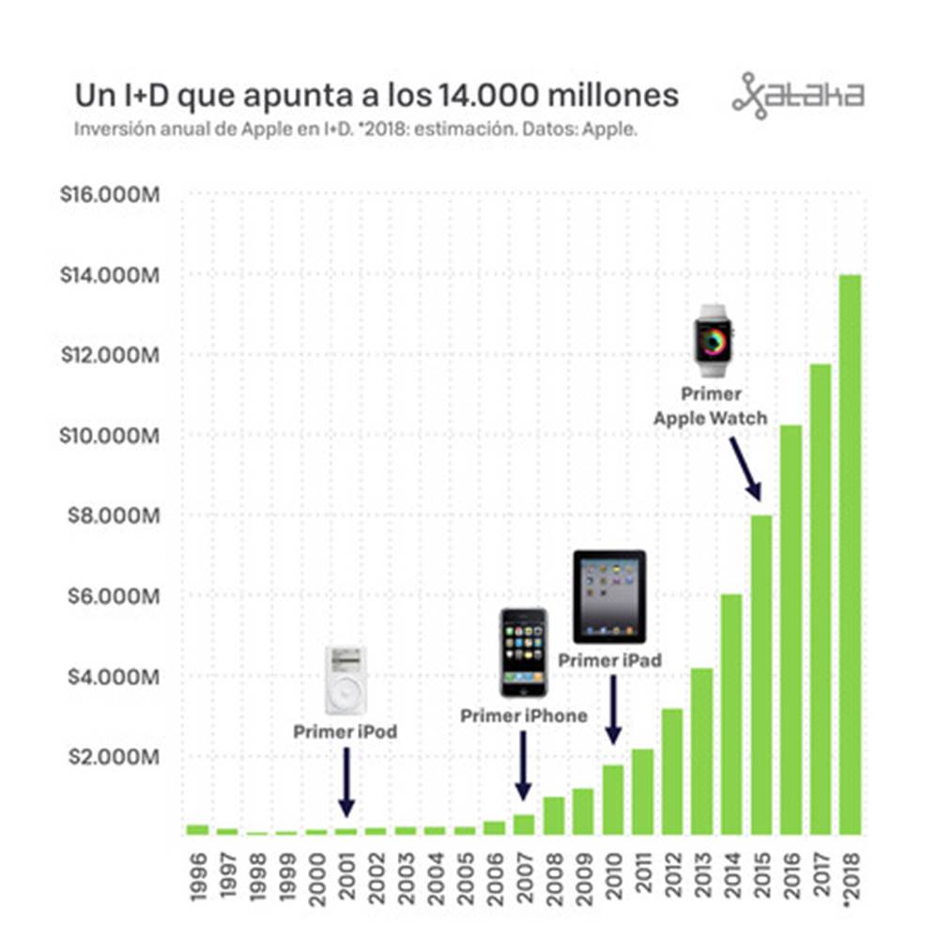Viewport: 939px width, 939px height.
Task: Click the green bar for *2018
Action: (x=850, y=554)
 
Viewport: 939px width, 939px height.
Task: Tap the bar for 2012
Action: (x=672, y=770)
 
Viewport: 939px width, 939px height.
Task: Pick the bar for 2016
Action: (x=791, y=629)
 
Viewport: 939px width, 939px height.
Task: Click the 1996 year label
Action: (x=197, y=879)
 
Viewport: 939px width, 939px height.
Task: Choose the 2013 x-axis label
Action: (x=702, y=879)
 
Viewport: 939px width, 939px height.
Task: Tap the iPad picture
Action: (x=609, y=596)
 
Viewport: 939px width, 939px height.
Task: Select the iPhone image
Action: (x=523, y=653)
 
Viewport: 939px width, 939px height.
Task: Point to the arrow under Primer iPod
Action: (x=346, y=781)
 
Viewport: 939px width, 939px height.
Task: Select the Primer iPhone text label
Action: (x=523, y=716)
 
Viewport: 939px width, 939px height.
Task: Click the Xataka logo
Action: (x=798, y=95)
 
